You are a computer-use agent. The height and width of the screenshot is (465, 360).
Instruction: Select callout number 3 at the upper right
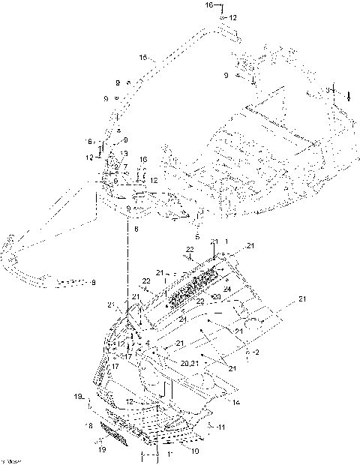[327, 89]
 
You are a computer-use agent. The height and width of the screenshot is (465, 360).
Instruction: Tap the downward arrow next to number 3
[348, 94]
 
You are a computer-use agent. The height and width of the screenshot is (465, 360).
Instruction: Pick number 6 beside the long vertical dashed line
[136, 228]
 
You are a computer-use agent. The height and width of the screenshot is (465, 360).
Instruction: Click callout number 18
[90, 425]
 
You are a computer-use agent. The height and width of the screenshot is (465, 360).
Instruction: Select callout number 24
[226, 289]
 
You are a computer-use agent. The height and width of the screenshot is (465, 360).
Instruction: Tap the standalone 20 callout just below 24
[215, 298]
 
